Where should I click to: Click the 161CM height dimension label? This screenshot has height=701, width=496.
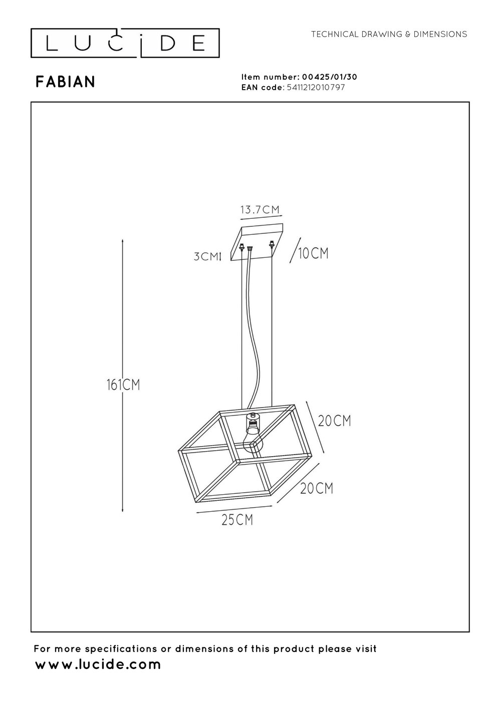(123, 385)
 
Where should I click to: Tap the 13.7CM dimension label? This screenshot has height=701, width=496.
(260, 209)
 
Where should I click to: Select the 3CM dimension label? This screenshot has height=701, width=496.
(206, 256)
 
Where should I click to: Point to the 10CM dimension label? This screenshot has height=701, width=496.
(313, 253)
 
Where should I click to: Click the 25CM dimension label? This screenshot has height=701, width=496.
(237, 520)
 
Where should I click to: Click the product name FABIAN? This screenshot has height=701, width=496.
(66, 82)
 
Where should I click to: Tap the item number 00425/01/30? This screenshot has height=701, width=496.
(330, 77)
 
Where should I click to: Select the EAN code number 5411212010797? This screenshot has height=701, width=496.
(316, 87)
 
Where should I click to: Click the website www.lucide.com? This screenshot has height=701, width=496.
(98, 664)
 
